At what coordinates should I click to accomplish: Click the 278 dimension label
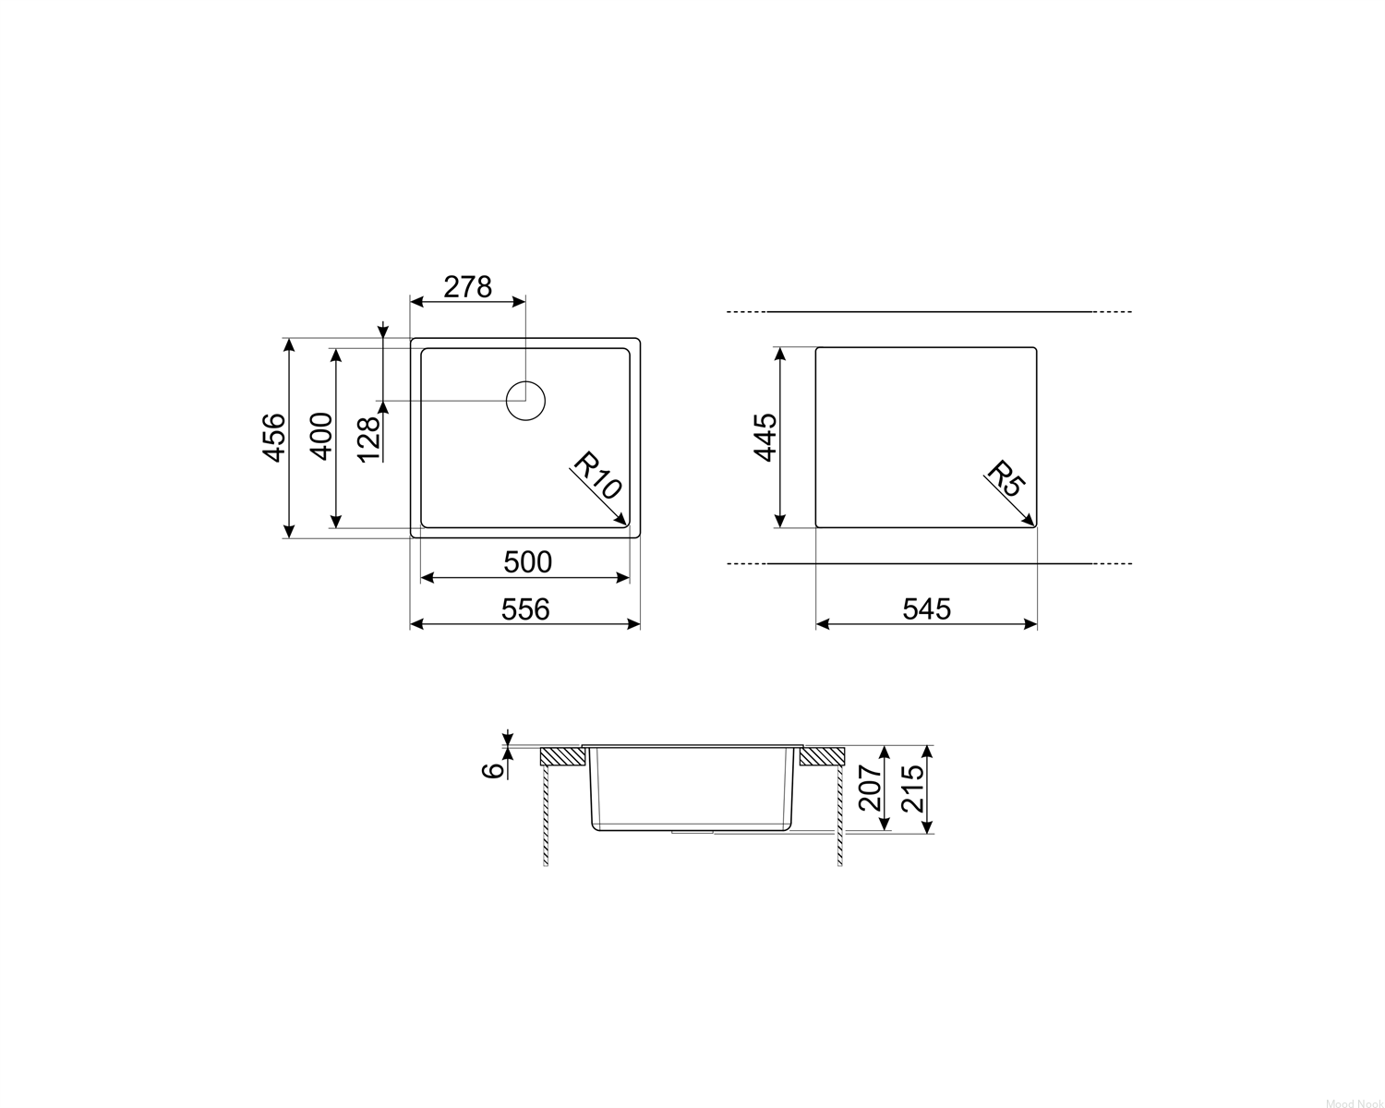tap(467, 287)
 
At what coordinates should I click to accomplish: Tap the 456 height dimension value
tap(274, 437)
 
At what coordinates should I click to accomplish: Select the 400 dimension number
tap(322, 436)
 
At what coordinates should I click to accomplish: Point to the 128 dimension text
tap(369, 440)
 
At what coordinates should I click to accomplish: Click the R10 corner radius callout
tap(597, 476)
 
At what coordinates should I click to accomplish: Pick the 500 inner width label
tap(527, 562)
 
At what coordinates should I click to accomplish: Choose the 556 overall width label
tap(525, 609)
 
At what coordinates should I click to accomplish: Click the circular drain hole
tap(525, 401)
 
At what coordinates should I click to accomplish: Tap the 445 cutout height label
tap(765, 437)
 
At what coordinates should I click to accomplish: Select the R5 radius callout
tap(1006, 477)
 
